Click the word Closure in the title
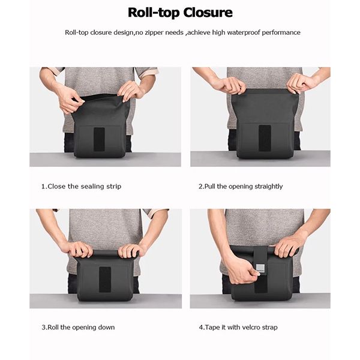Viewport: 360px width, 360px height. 208,13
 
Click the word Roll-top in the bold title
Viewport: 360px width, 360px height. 154,13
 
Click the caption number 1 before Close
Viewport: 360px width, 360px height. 43,186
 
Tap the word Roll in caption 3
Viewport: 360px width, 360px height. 53,327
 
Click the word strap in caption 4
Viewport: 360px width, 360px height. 269,328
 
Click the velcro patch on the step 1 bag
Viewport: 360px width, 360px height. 99,139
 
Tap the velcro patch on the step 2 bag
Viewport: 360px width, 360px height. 265,138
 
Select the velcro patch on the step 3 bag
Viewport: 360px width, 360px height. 105,280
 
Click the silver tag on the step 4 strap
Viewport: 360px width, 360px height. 260,268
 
